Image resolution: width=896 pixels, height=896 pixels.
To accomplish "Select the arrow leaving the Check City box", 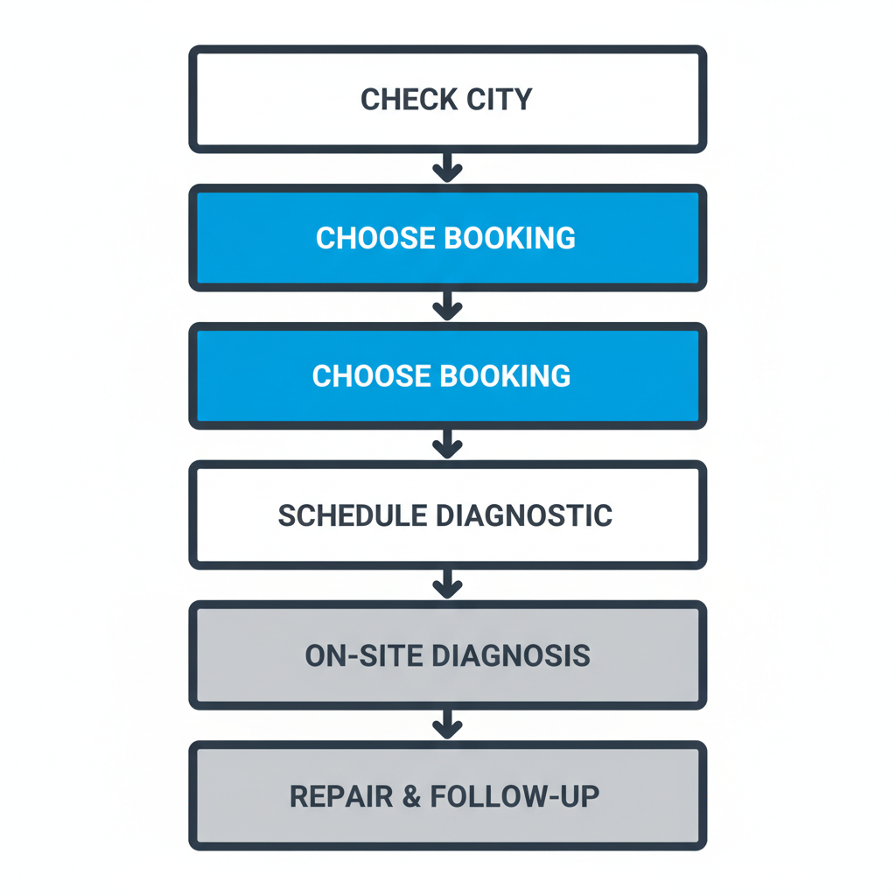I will pyautogui.click(x=447, y=167).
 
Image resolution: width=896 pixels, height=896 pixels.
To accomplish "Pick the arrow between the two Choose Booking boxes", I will pyautogui.click(x=447, y=306).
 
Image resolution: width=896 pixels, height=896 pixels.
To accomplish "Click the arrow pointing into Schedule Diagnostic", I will pyautogui.click(x=447, y=444).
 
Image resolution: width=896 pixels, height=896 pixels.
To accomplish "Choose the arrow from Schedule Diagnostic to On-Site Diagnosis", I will pyautogui.click(x=447, y=584).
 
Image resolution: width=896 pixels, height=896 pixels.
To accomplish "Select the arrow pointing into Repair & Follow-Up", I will pyautogui.click(x=447, y=724).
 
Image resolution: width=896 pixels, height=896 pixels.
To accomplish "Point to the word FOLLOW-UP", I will pyautogui.click(x=511, y=796).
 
